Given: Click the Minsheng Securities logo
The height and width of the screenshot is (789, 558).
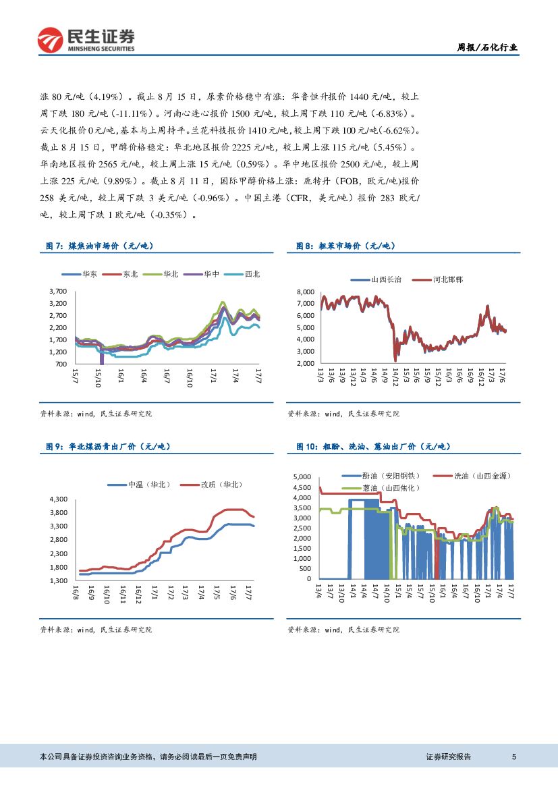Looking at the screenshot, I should (x=86, y=40).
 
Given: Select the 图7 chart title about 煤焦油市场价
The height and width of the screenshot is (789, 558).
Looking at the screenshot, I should (x=100, y=247).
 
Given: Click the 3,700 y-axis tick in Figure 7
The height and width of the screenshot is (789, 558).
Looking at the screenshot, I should (x=57, y=291).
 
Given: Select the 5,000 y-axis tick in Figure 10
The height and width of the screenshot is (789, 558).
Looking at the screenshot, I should (x=302, y=477).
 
